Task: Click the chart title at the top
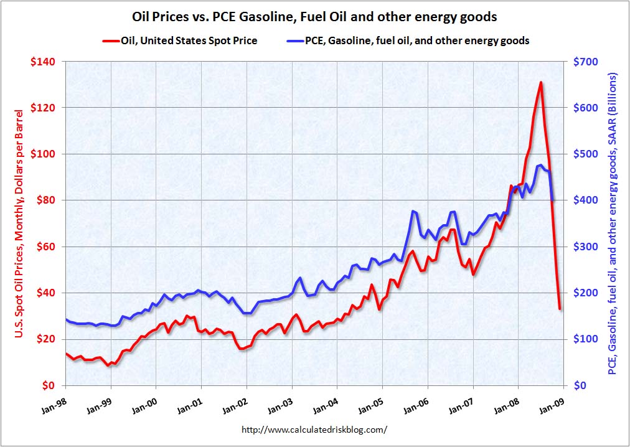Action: pos(314,17)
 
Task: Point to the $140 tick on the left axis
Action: pos(45,62)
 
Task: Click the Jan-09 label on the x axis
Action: pos(555,400)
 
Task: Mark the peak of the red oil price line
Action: pos(540,82)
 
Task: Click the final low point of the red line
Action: pos(560,309)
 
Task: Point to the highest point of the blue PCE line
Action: pos(540,165)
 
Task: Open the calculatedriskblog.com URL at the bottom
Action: pos(314,430)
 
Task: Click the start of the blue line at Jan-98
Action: pos(65,319)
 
